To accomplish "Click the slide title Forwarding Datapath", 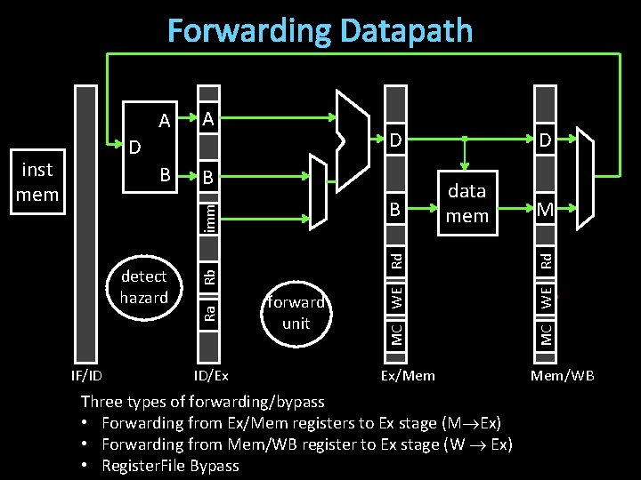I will [x=320, y=31].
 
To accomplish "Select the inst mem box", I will [x=37, y=181].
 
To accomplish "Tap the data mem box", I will [x=467, y=203].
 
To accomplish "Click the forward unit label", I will [x=296, y=312].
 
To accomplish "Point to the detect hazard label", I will [x=143, y=286].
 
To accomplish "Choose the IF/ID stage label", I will [x=86, y=375].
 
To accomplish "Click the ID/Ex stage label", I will [x=211, y=375].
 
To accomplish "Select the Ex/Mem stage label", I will [x=408, y=375].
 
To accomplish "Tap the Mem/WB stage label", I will [x=562, y=375].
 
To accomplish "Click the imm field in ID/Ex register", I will [x=207, y=216].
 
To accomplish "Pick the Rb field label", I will [x=207, y=276].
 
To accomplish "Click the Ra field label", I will [x=207, y=312].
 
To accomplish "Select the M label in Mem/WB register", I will [x=545, y=209].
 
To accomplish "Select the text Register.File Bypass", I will [x=170, y=465].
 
